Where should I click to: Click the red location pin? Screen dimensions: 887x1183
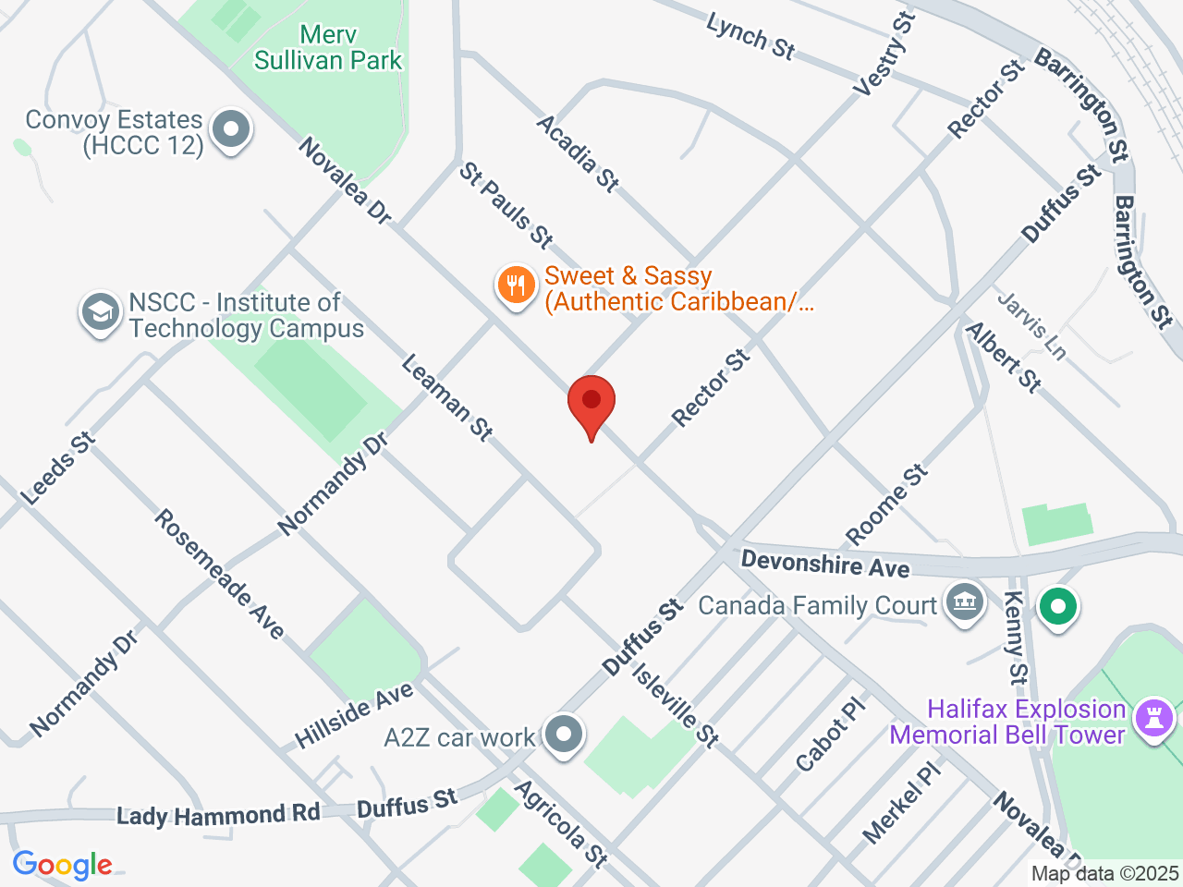tap(591, 403)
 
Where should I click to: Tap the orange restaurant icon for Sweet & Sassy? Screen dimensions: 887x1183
tap(516, 286)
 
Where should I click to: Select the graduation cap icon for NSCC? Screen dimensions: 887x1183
tap(100, 312)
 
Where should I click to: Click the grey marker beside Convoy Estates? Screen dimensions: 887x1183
tap(231, 130)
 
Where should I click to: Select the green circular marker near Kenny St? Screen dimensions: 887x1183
tap(1058, 608)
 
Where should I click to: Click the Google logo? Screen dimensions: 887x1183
tap(62, 866)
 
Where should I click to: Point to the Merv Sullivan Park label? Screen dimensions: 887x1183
tap(328, 48)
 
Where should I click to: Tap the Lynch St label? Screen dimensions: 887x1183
tap(750, 36)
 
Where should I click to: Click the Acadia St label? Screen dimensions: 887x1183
tap(578, 152)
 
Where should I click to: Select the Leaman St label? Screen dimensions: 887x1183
tap(447, 397)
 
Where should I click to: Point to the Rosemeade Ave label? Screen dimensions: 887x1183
tap(219, 574)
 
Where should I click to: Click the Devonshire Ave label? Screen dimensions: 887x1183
tap(825, 563)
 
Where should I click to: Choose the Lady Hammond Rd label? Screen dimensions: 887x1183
tap(218, 815)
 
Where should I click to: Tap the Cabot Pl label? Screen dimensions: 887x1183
tap(831, 735)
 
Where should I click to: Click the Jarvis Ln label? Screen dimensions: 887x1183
tap(1031, 325)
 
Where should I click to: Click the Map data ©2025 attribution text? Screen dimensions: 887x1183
tap(1104, 873)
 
